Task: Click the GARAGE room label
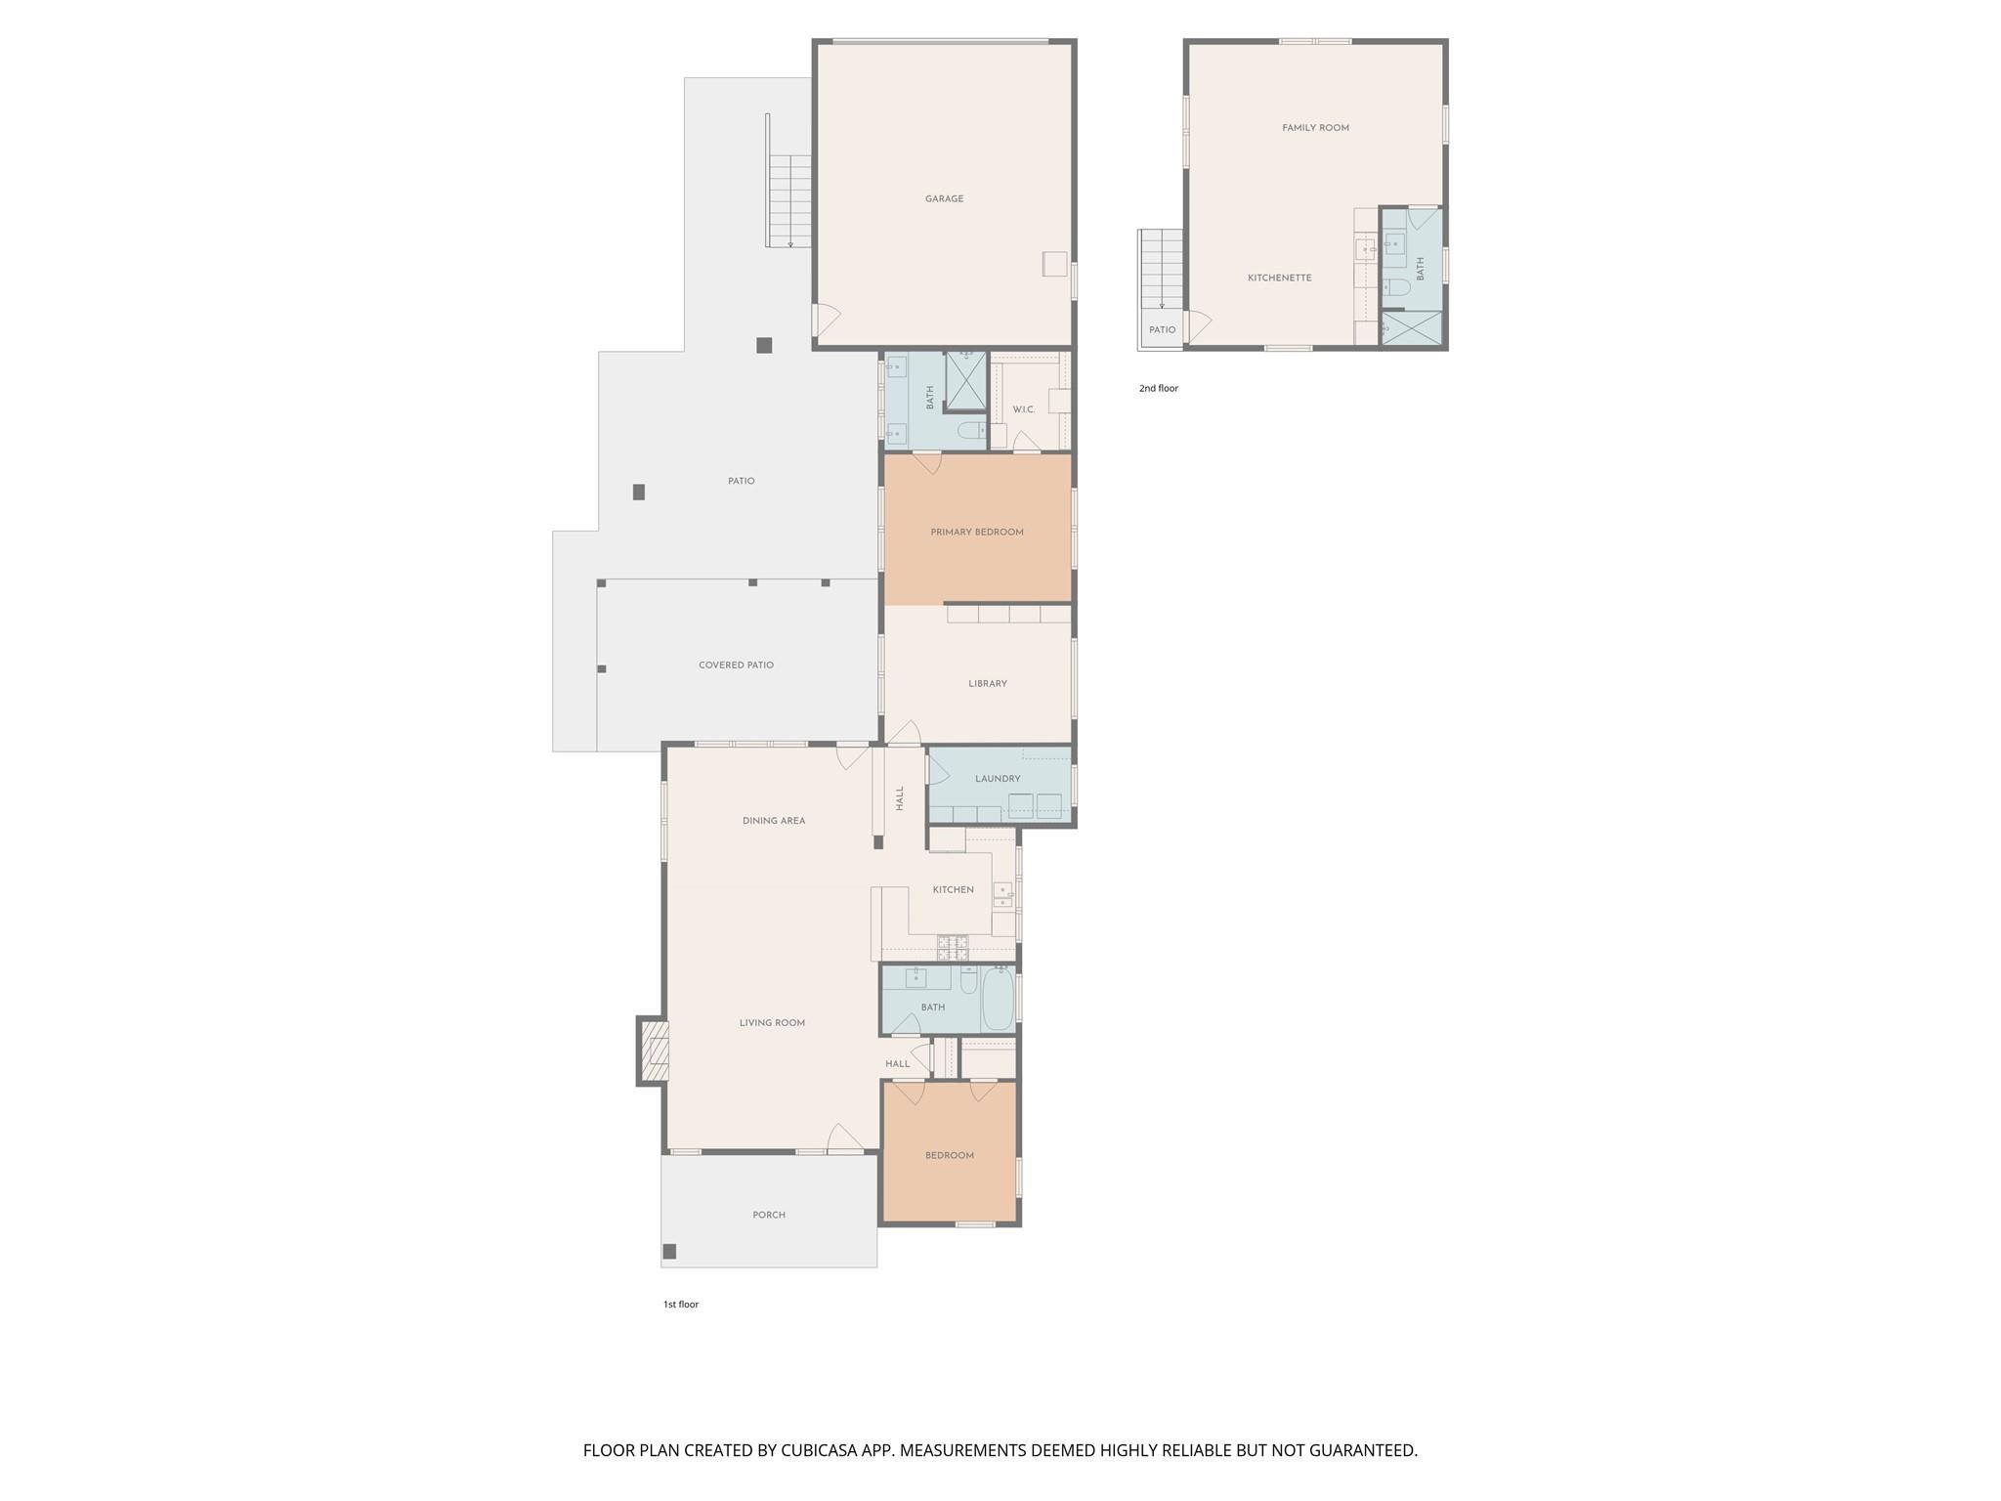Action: pos(944,199)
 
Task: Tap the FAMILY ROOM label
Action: pos(1315,128)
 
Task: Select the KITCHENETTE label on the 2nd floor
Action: pos(1279,279)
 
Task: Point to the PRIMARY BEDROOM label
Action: pos(976,533)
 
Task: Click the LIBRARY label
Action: pos(987,684)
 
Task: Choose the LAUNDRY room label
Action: pos(997,779)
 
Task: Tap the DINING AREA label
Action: pos(773,821)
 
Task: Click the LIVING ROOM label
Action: pos(771,1023)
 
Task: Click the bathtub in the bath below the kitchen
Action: pos(997,998)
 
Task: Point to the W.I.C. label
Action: pos(1023,409)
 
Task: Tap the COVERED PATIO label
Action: pos(735,665)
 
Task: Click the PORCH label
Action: pos(768,1216)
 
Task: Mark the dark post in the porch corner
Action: pos(669,1251)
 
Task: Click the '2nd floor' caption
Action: pos(1158,389)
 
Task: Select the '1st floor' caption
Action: pos(680,1305)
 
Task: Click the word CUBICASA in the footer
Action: pos(819,1451)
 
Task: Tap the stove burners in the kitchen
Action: pos(953,946)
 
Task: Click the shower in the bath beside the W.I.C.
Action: pos(965,380)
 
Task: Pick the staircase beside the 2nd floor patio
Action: pos(1162,268)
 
